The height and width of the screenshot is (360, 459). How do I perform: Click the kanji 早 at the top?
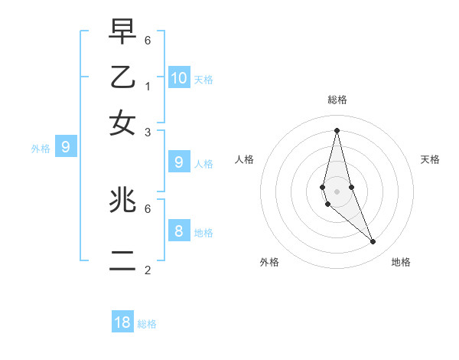click(x=122, y=32)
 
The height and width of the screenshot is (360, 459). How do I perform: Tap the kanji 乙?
click(x=122, y=78)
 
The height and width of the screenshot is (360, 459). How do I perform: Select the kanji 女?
click(x=122, y=123)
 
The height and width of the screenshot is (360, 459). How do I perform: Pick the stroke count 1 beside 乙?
click(x=148, y=86)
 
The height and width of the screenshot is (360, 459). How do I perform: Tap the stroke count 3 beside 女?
click(x=148, y=132)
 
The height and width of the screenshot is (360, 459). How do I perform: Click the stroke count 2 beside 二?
click(x=148, y=270)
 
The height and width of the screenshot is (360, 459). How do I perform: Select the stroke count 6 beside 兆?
click(x=148, y=208)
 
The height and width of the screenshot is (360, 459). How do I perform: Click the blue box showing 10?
click(x=179, y=77)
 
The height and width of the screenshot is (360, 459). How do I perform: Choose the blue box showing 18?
click(x=122, y=322)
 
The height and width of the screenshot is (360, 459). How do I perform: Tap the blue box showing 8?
click(x=179, y=231)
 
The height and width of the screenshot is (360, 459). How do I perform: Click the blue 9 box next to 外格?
click(x=66, y=147)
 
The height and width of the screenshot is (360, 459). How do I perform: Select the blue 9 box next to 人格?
click(x=179, y=162)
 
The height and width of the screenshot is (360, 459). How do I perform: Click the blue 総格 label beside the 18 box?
click(x=147, y=324)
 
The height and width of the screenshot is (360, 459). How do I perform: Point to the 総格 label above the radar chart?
click(x=337, y=100)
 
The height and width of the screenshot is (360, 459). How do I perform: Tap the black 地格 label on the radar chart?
click(x=401, y=262)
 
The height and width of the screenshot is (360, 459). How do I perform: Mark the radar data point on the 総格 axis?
click(x=337, y=129)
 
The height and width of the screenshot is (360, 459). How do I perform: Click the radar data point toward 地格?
click(x=373, y=241)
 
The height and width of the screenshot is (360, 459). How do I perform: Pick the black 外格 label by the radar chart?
click(x=269, y=262)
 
